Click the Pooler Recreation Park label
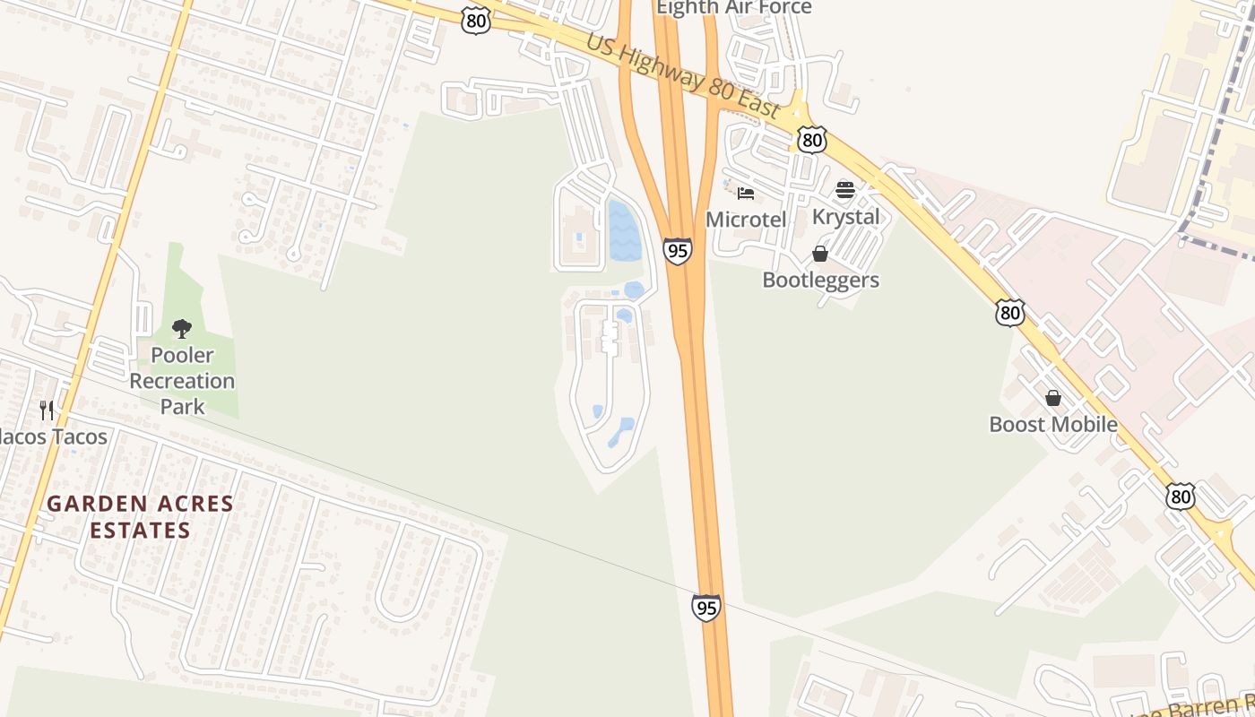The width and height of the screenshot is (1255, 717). [x=182, y=381]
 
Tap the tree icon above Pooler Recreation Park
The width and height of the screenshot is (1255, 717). [x=182, y=329]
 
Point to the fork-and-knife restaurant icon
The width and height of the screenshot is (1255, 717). [x=47, y=410]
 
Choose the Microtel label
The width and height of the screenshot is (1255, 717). [x=746, y=220]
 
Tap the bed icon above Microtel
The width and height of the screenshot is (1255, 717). [x=746, y=193]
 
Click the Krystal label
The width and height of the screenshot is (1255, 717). [x=845, y=217]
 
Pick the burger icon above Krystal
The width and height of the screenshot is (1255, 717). [x=845, y=190]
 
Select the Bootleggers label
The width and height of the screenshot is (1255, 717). [x=820, y=281]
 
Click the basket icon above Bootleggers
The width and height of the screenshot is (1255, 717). [x=820, y=254]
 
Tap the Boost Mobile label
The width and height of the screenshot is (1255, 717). [x=1053, y=424]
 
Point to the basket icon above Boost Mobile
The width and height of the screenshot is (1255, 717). [x=1053, y=397]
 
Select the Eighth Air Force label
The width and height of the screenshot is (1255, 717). [x=733, y=8]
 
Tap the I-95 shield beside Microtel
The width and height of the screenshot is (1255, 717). [x=678, y=251]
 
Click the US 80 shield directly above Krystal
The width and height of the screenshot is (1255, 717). [x=811, y=139]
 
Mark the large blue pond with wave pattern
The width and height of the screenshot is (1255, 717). [x=625, y=230]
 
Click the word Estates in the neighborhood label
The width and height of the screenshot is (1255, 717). [x=140, y=530]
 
